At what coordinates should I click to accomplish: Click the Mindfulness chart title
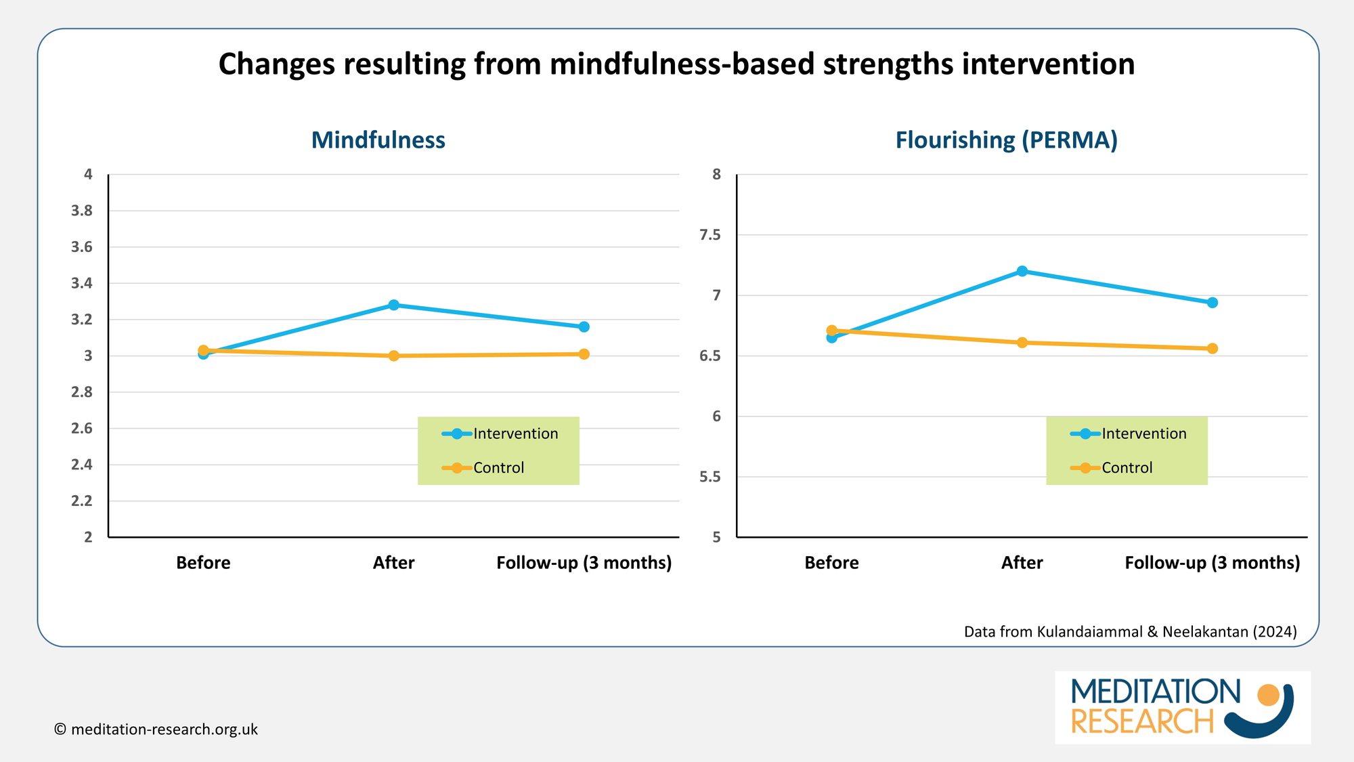(x=378, y=140)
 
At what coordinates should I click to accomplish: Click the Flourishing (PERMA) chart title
(x=1006, y=140)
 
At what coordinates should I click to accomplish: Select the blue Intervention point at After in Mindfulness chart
(x=393, y=305)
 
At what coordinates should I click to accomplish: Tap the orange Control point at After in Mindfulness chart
(x=393, y=356)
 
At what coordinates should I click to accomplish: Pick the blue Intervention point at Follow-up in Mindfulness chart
(x=584, y=326)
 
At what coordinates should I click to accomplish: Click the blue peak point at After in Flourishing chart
(x=1022, y=271)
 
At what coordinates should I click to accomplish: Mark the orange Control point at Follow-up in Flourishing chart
(x=1213, y=348)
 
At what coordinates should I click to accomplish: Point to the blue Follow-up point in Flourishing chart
(x=1213, y=303)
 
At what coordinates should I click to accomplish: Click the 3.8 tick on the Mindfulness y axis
(x=82, y=211)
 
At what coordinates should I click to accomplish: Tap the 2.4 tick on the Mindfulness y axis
(x=82, y=465)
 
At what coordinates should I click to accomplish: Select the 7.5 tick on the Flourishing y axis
(x=710, y=235)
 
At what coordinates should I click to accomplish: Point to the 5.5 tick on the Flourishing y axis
(x=710, y=477)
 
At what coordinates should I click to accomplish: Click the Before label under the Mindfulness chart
(x=203, y=563)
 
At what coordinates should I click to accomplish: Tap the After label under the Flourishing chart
(x=1022, y=563)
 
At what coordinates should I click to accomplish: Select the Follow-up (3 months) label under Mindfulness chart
(x=584, y=563)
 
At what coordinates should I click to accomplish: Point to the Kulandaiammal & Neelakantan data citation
(x=1130, y=632)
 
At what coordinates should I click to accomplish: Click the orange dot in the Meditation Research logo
(x=1267, y=695)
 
